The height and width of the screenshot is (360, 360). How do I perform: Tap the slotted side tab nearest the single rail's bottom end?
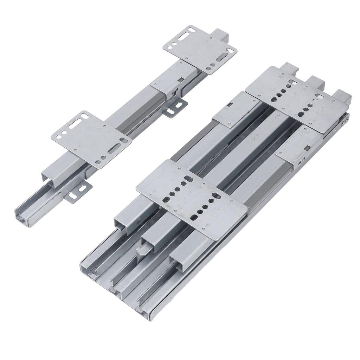click(x=79, y=192)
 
